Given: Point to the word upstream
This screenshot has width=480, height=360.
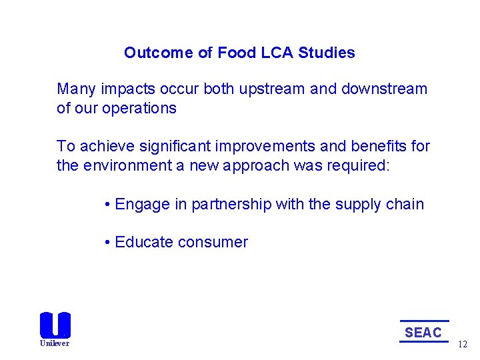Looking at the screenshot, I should [271, 89].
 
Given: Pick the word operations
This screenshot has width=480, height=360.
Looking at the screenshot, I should [139, 109].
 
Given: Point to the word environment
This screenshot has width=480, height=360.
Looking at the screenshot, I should [124, 165].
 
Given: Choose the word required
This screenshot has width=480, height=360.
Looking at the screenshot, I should [360, 165].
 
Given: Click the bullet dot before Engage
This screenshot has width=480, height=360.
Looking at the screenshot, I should [107, 205].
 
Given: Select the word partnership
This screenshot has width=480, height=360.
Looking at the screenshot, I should [231, 205].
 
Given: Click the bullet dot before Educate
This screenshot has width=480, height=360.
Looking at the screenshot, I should [107, 243].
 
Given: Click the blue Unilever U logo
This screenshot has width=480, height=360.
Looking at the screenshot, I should [55, 325].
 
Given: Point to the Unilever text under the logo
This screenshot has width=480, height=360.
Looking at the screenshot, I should [55, 343].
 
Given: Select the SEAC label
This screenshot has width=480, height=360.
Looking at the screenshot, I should [423, 332].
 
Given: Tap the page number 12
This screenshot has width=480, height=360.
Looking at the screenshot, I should [463, 345].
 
